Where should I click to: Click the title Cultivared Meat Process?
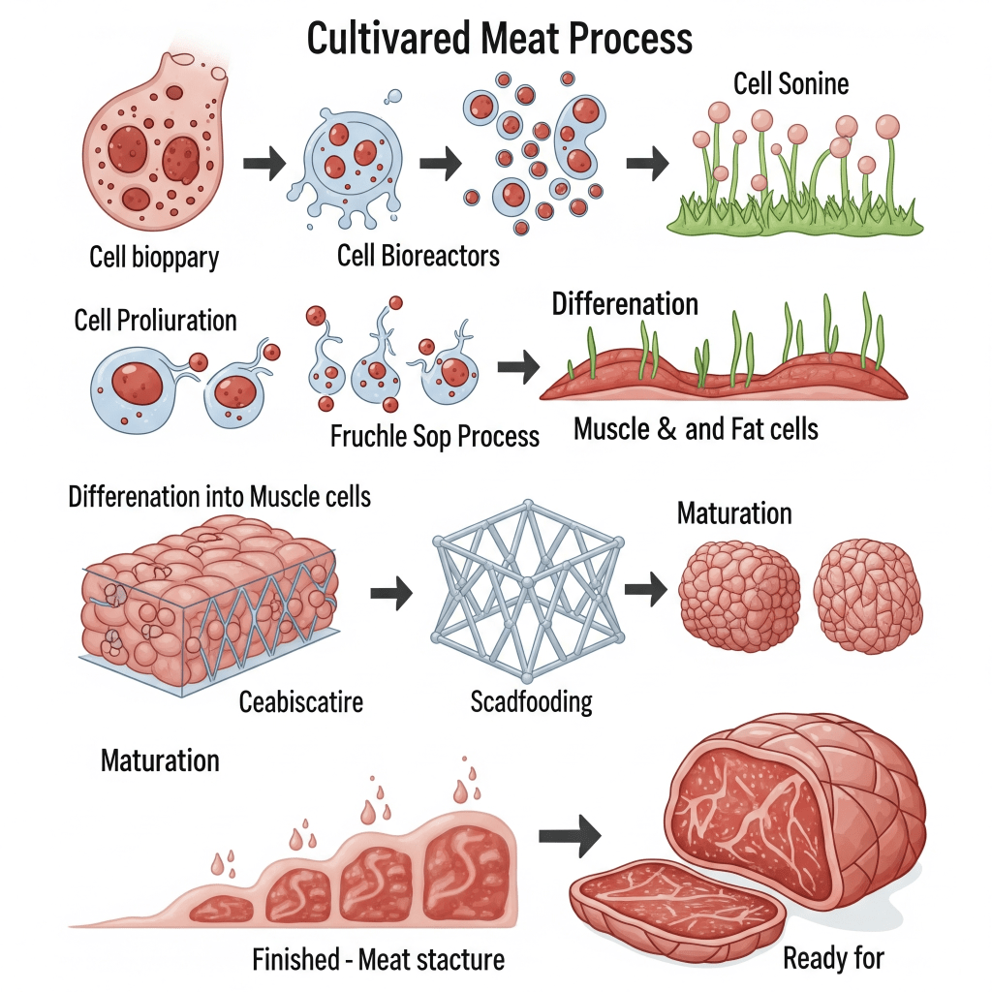(500, 39)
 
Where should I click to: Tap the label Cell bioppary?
(154, 258)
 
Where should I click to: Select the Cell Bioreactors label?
(418, 256)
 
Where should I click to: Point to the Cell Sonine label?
(790, 83)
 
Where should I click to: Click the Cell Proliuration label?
(155, 321)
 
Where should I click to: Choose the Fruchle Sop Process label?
(433, 436)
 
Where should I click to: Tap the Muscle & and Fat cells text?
(696, 429)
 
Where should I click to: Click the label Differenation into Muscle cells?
(219, 497)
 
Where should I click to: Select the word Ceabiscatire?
(301, 700)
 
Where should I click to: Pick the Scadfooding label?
(531, 700)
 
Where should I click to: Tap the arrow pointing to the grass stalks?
(646, 165)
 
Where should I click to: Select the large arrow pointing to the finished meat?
(569, 839)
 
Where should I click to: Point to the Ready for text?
(833, 959)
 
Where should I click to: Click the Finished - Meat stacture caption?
(378, 961)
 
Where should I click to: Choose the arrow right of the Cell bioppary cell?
(263, 165)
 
